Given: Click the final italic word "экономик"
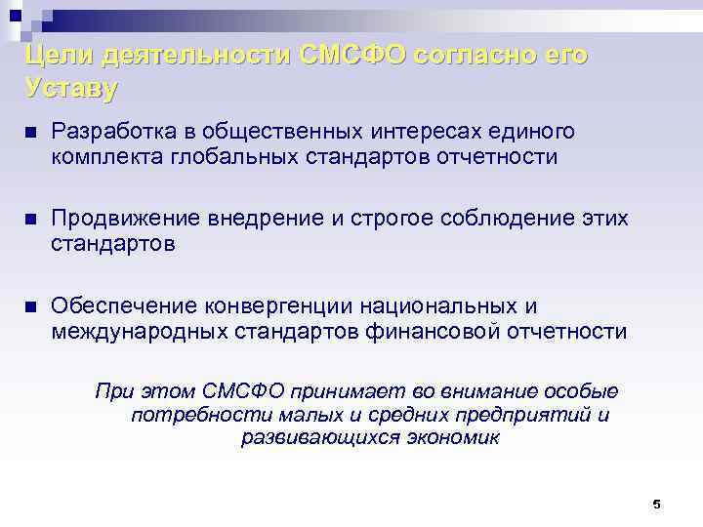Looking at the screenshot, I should (452, 438).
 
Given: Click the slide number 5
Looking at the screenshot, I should (656, 505).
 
